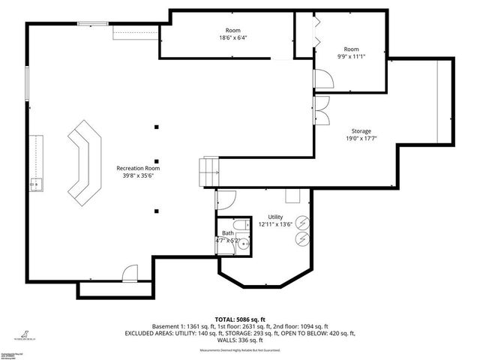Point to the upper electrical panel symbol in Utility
coord(301,223)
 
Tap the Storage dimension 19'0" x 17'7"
coord(361,138)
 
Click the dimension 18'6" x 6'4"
coord(233,37)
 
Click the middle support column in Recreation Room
coord(157,160)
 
